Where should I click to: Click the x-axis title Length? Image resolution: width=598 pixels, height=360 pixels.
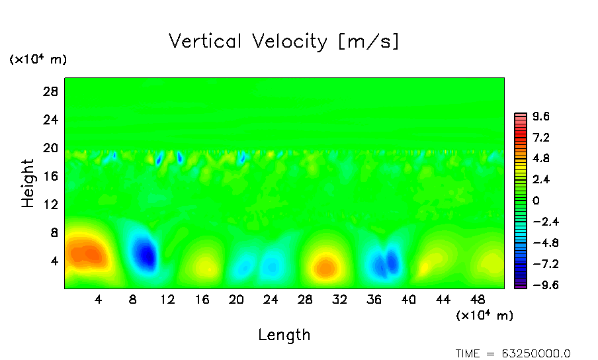pos(284,335)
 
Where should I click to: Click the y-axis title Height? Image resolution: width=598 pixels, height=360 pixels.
pos(28,183)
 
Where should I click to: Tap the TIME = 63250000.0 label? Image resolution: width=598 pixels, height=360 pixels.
pos(513,353)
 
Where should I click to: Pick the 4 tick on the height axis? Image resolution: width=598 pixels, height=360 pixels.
pos(56,261)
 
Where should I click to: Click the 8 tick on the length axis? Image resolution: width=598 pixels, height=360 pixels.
pos(133,299)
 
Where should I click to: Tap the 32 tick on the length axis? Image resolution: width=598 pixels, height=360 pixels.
pos(339,299)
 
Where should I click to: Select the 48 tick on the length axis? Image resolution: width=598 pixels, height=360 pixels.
pos(477,299)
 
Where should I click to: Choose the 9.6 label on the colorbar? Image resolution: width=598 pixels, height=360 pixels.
pos(541,117)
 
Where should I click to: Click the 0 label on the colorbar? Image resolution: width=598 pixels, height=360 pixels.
pos(536,201)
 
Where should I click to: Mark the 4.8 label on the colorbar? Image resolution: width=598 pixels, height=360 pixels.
pos(541,159)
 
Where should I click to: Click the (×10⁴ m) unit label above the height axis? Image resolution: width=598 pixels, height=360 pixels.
pos(38,60)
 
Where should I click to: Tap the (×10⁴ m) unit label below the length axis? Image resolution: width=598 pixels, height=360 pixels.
pos(485,316)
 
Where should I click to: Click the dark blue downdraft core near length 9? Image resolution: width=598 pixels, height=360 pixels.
pos(145,253)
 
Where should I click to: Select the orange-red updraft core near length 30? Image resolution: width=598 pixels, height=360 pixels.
pos(325,267)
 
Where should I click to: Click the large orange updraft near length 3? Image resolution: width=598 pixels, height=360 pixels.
pos(85,252)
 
